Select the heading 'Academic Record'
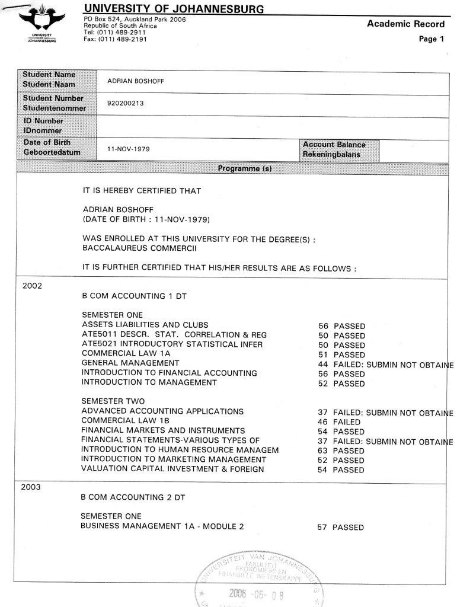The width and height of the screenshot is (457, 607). (405, 24)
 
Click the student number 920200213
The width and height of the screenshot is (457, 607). (126, 103)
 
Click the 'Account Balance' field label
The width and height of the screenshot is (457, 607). (334, 145)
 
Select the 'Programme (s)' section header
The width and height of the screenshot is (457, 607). (244, 168)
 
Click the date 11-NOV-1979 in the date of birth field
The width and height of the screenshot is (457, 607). (128, 149)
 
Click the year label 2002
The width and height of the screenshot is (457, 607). (32, 285)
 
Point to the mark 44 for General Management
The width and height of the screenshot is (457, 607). (323, 364)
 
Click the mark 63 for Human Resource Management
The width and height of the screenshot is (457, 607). (322, 451)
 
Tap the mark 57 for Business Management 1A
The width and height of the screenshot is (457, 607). (322, 527)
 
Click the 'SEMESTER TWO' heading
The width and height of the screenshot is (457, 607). (113, 401)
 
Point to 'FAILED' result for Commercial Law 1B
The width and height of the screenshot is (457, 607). (347, 422)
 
